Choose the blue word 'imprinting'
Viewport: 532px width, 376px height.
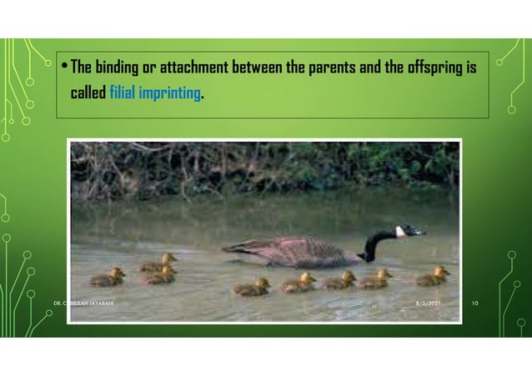pos(173,93)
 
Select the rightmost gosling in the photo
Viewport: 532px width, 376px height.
pos(434,276)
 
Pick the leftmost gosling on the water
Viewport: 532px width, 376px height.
pos(108,278)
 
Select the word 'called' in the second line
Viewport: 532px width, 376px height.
pos(88,93)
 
